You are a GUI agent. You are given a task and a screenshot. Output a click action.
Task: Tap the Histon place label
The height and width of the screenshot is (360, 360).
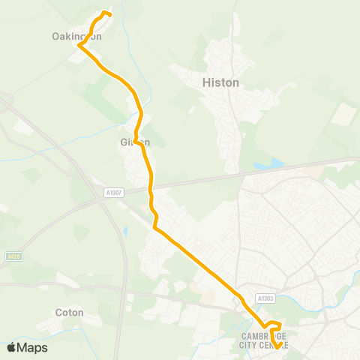220,82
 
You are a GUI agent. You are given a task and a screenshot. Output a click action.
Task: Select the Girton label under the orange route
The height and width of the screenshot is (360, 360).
135,142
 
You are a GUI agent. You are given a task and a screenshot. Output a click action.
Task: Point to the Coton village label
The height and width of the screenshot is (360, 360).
69,312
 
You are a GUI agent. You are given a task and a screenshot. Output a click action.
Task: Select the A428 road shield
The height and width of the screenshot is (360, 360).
12,256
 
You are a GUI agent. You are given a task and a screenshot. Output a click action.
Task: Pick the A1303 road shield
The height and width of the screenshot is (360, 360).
264,298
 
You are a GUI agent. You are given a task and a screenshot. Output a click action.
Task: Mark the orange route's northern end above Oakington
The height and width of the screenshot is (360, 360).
110,14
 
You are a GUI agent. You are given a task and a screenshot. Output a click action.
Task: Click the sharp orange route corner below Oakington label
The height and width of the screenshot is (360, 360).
79,46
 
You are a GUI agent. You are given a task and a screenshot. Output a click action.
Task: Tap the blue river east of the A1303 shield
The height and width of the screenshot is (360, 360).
300,304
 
